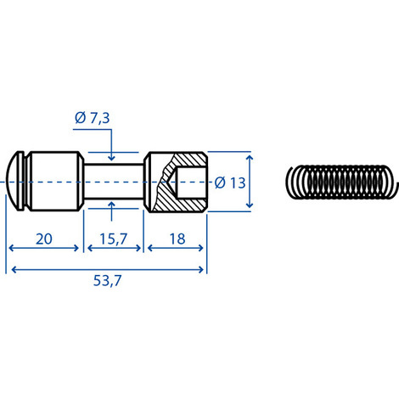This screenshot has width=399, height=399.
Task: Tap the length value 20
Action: click(44, 239)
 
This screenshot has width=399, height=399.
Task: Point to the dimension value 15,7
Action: click(115, 239)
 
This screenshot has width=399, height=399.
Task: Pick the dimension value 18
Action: click(177, 239)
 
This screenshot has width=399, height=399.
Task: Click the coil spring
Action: click(340, 181)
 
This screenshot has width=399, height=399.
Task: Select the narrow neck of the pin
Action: click(115, 181)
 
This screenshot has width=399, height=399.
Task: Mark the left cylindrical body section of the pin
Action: click(54, 181)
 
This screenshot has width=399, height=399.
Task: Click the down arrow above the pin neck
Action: click(113, 154)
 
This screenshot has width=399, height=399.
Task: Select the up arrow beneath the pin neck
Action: click(113, 208)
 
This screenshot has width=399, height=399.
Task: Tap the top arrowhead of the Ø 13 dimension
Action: click(250, 158)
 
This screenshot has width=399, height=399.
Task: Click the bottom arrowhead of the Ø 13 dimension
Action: click(250, 205)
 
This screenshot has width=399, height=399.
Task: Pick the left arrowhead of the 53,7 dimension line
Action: click(11, 270)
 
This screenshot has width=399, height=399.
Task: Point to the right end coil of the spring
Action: click(391, 181)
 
